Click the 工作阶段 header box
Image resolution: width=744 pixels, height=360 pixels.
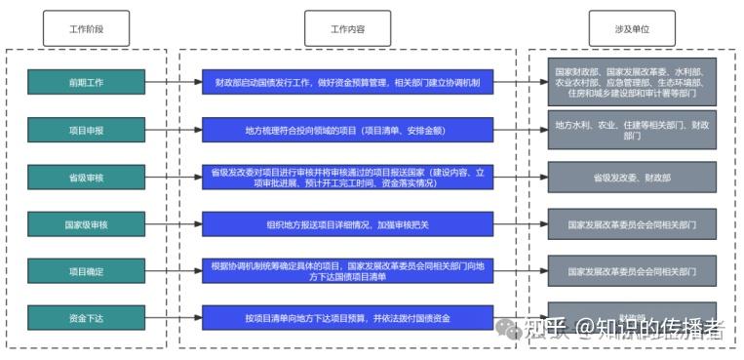pos(86,28)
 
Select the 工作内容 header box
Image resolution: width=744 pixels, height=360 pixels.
pos(347,28)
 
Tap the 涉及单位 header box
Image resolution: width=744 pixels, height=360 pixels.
pos(631,28)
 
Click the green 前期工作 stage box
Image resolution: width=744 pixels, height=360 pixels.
pos(86,82)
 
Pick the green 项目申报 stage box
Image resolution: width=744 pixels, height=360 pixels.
pos(86,129)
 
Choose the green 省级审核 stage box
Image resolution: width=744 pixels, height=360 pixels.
pos(86,177)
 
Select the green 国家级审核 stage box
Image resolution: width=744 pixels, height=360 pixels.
pos(86,224)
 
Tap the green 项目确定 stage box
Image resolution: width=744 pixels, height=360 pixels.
pos(86,270)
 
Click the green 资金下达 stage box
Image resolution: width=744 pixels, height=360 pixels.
pos(86,317)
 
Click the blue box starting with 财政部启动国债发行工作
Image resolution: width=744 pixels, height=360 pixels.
pos(347,82)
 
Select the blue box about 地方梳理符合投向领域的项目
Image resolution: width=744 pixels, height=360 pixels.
pos(347,129)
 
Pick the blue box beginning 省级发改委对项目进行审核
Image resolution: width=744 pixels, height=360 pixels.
pos(347,177)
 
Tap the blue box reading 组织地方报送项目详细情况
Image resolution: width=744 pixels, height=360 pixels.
pos(347,224)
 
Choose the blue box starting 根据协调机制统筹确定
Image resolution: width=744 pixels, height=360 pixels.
pos(347,270)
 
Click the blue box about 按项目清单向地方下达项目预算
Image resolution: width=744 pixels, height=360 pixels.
pos(347,317)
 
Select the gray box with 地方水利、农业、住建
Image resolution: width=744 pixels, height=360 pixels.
pos(631,130)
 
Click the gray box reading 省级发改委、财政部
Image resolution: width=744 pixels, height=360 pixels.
pos(631,177)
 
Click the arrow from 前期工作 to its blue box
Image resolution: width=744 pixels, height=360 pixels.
pos(174,82)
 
